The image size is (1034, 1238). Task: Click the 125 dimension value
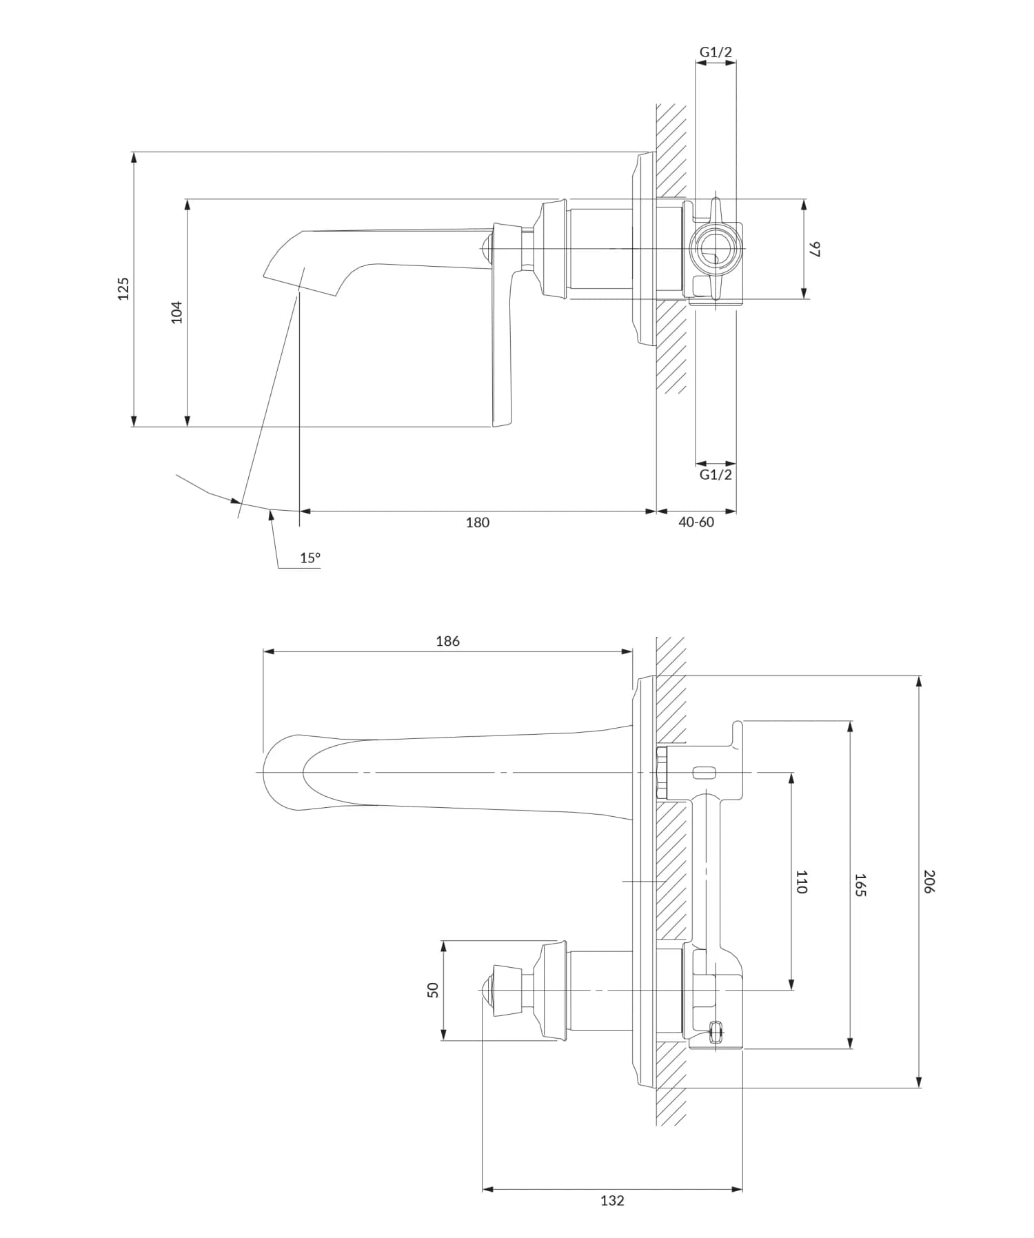pyautogui.click(x=123, y=288)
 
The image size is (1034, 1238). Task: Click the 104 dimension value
pyautogui.click(x=177, y=312)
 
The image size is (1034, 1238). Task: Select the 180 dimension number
pyautogui.click(x=477, y=522)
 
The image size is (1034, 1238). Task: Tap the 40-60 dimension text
pyautogui.click(x=696, y=522)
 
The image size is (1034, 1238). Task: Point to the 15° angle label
pyautogui.click(x=310, y=558)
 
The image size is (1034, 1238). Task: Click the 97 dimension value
pyautogui.click(x=815, y=249)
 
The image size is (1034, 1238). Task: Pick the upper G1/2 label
pyautogui.click(x=716, y=52)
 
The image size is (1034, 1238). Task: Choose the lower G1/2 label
pyautogui.click(x=716, y=474)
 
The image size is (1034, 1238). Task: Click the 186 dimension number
pyautogui.click(x=447, y=641)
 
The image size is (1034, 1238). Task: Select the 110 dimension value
pyautogui.click(x=801, y=882)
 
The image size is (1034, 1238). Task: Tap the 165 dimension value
pyautogui.click(x=860, y=884)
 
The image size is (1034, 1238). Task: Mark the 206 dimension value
pyautogui.click(x=928, y=882)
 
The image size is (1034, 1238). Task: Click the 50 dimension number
pyautogui.click(x=433, y=990)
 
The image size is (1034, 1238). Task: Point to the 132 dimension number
pyautogui.click(x=612, y=1201)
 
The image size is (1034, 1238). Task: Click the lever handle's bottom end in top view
pyautogui.click(x=501, y=420)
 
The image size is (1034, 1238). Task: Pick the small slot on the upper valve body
pyautogui.click(x=704, y=772)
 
